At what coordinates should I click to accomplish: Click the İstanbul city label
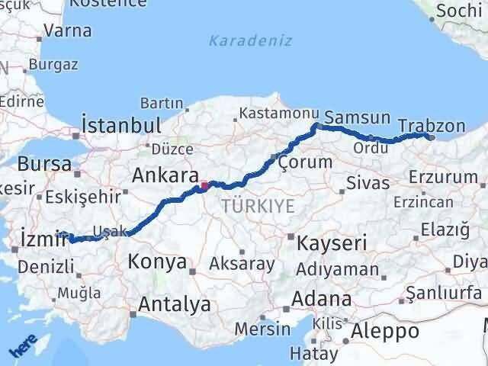click(x=121, y=126)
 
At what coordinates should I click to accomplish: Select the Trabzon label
click(x=432, y=126)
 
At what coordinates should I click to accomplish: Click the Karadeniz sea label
click(x=251, y=40)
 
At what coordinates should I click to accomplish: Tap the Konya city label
click(x=158, y=262)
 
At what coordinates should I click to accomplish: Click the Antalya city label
click(x=175, y=304)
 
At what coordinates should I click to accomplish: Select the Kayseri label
click(x=332, y=244)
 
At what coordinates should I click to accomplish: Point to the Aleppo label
click(x=384, y=331)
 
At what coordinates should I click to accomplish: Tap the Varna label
click(x=69, y=31)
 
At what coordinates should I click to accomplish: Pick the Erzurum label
click(x=442, y=177)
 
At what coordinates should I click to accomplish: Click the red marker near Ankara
click(x=204, y=185)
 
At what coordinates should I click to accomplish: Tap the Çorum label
click(x=304, y=162)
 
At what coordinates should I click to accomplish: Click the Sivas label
click(x=368, y=183)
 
